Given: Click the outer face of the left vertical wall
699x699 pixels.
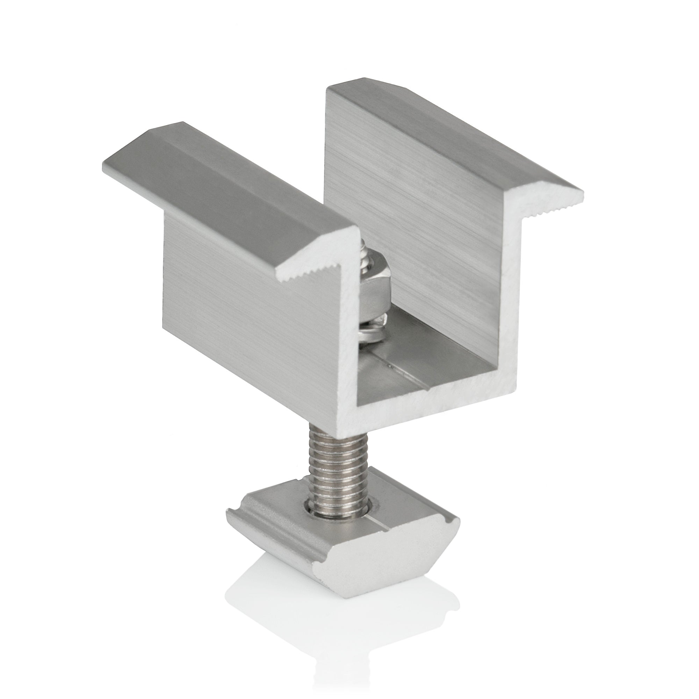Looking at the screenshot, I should coord(253,300).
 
